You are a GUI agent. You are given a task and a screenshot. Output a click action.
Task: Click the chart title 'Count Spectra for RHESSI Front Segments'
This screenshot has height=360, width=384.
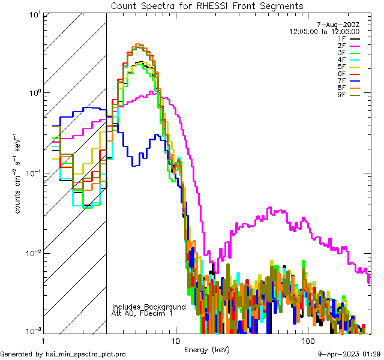(207, 5)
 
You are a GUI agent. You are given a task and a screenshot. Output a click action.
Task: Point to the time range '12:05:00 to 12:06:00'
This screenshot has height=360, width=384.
(324, 31)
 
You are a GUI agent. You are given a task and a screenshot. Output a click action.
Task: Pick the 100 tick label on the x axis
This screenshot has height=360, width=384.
(307, 340)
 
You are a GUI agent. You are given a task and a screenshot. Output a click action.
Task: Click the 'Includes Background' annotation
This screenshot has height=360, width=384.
(149, 307)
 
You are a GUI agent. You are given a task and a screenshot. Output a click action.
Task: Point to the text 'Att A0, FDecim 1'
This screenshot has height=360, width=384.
(142, 313)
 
